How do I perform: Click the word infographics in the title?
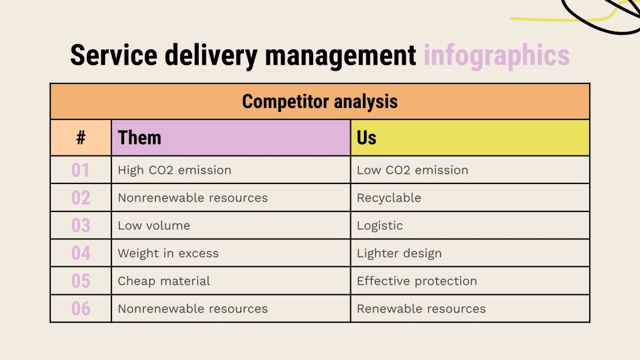click(x=496, y=56)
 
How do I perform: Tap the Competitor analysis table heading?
click(x=319, y=102)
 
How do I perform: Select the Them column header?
click(x=139, y=138)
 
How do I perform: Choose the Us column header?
click(x=366, y=138)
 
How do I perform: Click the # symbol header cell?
click(x=81, y=138)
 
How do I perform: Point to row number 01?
click(x=81, y=170)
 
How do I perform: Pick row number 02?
click(x=81, y=198)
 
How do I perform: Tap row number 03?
click(x=81, y=226)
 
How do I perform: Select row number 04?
click(x=81, y=253)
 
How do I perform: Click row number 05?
click(x=81, y=281)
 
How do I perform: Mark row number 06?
click(x=81, y=309)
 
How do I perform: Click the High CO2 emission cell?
click(x=174, y=170)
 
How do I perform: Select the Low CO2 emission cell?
click(x=412, y=170)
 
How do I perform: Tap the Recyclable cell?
click(x=389, y=198)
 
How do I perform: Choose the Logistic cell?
click(x=379, y=226)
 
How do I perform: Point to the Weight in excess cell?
click(x=168, y=253)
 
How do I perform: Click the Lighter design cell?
click(x=399, y=253)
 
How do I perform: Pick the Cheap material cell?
click(x=163, y=281)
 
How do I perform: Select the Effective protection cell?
click(x=417, y=281)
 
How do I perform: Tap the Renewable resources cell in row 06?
click(x=421, y=309)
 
